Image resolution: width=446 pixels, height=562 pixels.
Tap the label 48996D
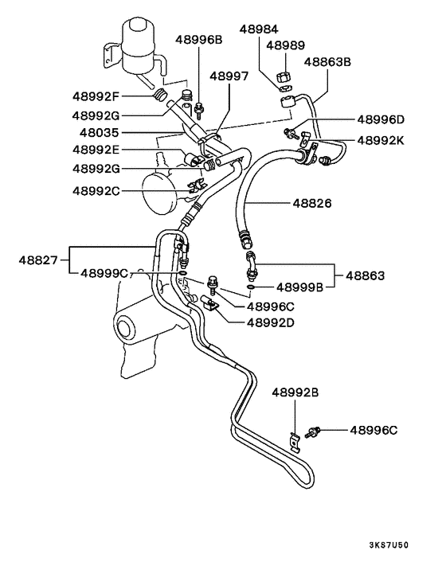click(x=381, y=120)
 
